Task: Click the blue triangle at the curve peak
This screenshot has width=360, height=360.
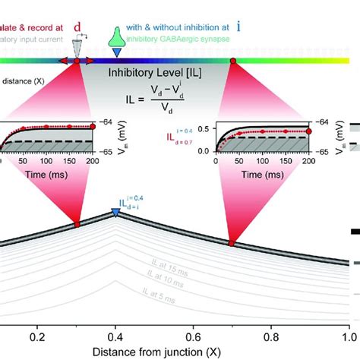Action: tap(115, 213)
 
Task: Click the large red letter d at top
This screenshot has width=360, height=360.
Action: tap(77, 27)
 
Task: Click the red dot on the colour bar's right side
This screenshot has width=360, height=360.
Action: tap(232, 59)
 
